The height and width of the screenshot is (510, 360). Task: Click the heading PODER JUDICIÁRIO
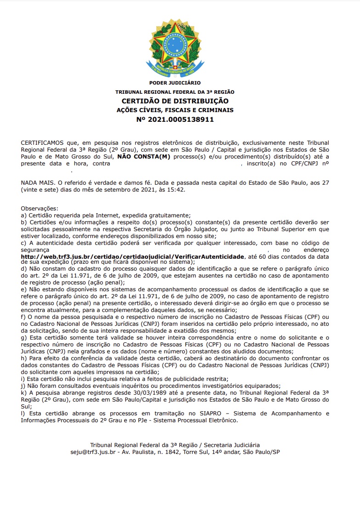[175, 83]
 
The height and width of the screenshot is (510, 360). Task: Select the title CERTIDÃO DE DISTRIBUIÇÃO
[175, 101]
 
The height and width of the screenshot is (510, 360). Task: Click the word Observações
[40, 209]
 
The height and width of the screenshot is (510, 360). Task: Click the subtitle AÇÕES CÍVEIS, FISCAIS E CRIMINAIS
[175, 110]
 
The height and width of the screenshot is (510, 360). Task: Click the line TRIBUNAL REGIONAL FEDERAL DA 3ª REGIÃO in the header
[175, 92]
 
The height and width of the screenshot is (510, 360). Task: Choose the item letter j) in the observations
[23, 386]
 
